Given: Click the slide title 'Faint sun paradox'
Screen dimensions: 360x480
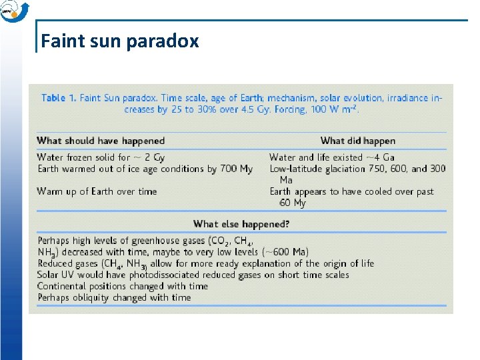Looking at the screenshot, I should (x=120, y=41).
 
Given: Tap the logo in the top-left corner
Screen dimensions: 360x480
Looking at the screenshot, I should (x=14, y=11).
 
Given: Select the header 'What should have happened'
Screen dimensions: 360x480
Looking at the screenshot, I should (x=101, y=141).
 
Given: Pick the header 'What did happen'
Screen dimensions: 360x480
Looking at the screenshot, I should (x=357, y=141).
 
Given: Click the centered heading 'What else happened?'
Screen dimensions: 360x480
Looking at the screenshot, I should (x=241, y=224).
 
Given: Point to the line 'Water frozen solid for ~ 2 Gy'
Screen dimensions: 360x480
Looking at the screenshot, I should (x=101, y=157).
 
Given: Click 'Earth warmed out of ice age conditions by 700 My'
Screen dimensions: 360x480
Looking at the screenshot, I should (x=145, y=169).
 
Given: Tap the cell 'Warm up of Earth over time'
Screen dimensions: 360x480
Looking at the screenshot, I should (x=97, y=191).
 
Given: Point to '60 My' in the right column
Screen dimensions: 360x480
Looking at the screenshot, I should (x=292, y=203).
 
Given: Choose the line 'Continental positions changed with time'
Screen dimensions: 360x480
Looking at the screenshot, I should (x=123, y=286).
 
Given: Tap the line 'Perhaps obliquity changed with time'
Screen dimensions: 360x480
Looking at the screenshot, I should (x=114, y=297).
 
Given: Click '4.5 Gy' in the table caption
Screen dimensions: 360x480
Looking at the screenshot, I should (x=250, y=109).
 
